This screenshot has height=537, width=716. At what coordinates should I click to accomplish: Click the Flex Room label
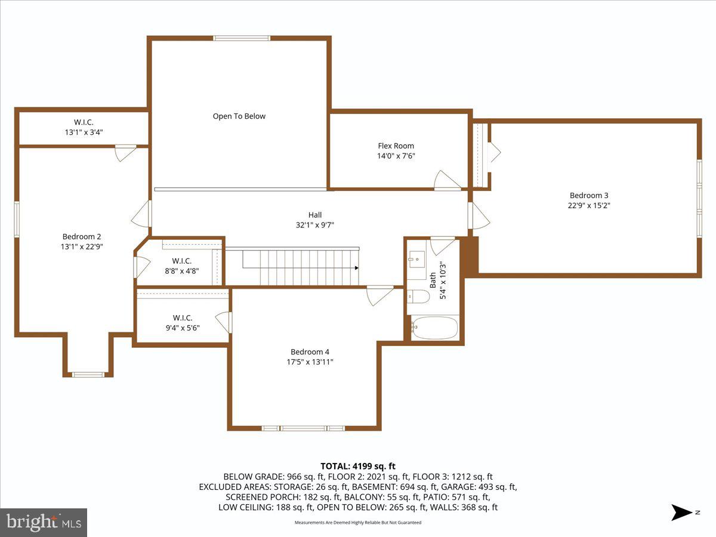pyautogui.click(x=396, y=146)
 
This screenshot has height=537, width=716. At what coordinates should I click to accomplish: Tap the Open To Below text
pyautogui.click(x=239, y=116)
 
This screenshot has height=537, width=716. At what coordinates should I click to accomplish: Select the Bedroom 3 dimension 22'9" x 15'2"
pyautogui.click(x=589, y=205)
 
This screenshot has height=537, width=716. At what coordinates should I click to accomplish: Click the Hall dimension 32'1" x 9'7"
pyautogui.click(x=315, y=225)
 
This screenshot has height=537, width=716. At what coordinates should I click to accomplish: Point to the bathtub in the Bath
pyautogui.click(x=434, y=328)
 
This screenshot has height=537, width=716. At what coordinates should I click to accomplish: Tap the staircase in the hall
pyautogui.click(x=292, y=267)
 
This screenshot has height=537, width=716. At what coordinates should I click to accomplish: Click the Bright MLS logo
pyautogui.click(x=44, y=522)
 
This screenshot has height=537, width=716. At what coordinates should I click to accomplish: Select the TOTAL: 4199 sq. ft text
pyautogui.click(x=358, y=466)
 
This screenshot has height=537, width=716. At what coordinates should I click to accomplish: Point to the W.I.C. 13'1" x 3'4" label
pyautogui.click(x=84, y=127)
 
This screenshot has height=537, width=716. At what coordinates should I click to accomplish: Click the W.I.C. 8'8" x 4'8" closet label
pyautogui.click(x=182, y=266)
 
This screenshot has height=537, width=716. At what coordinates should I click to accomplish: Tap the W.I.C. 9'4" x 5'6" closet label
pyautogui.click(x=183, y=322)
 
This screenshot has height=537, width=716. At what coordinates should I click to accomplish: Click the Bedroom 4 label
pyautogui.click(x=310, y=351)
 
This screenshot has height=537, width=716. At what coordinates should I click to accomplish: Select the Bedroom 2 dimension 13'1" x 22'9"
pyautogui.click(x=82, y=246)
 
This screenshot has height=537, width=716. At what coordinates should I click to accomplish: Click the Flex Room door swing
pyautogui.click(x=446, y=180)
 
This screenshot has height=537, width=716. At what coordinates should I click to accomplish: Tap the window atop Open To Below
pyautogui.click(x=242, y=38)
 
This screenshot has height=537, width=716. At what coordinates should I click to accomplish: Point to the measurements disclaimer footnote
pyautogui.click(x=358, y=522)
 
